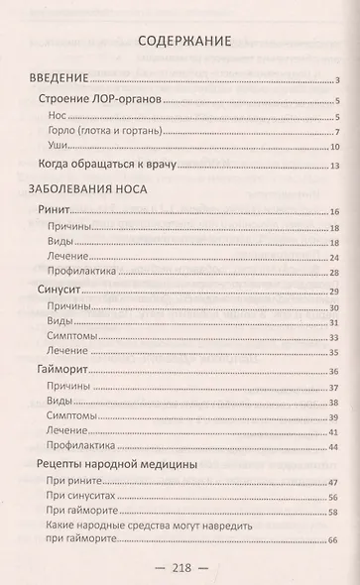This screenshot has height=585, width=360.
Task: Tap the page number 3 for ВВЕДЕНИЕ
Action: [338, 80]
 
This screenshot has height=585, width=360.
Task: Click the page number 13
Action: [336, 167]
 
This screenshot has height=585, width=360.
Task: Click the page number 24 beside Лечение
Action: [335, 257]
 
